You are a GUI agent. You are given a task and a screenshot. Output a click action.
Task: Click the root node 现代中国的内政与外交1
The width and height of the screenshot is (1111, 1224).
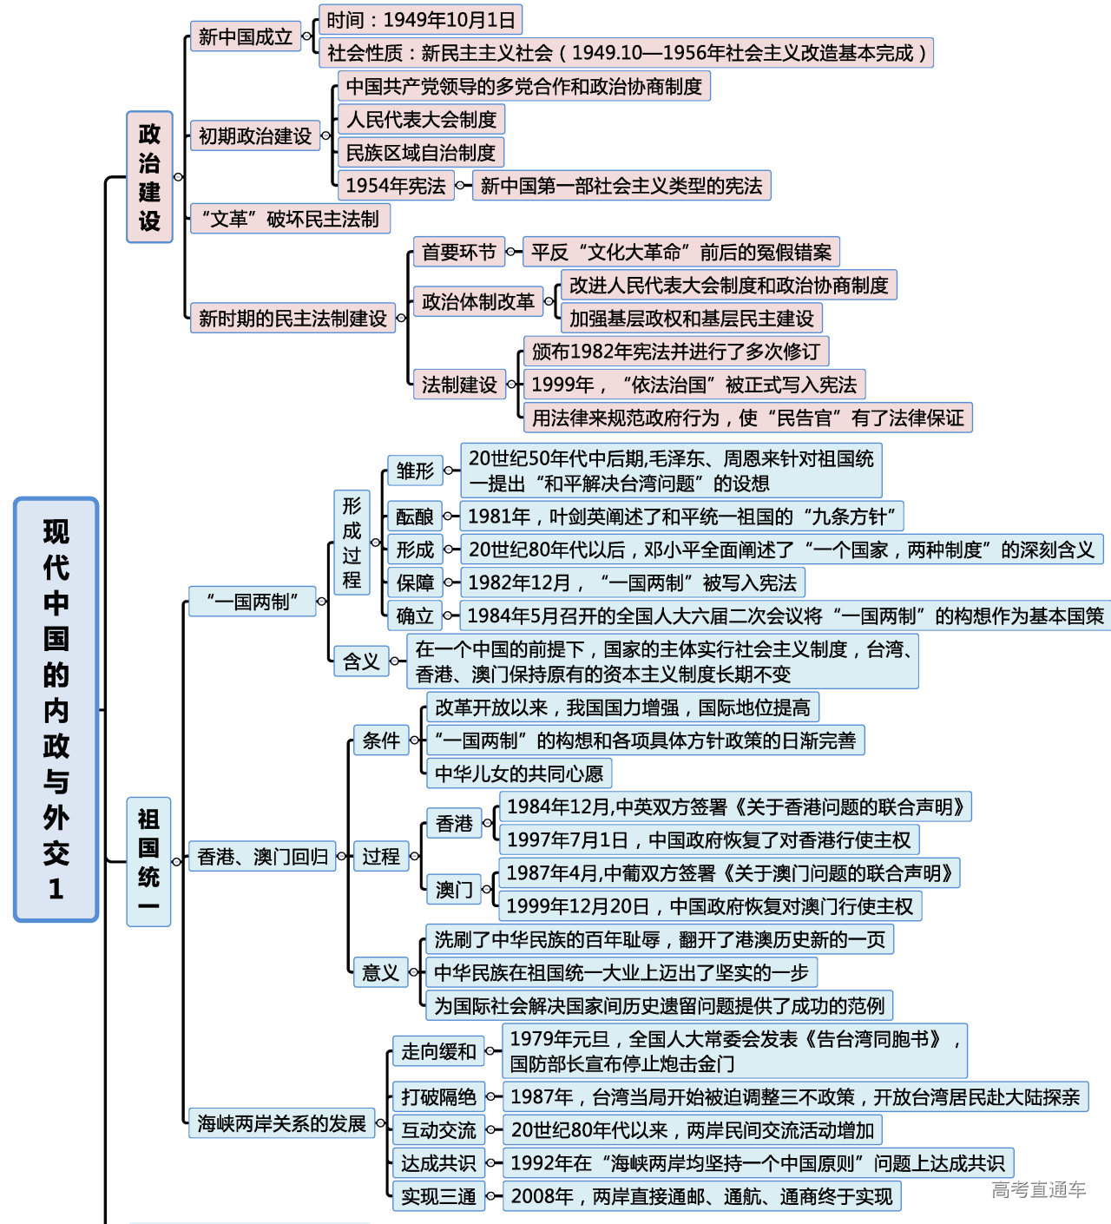click(56, 709)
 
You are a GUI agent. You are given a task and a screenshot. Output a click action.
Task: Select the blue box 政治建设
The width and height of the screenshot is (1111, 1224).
click(149, 177)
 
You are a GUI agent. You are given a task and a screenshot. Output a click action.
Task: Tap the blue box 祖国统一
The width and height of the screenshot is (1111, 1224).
click(148, 861)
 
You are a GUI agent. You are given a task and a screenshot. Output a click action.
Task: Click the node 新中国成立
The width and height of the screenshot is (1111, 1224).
click(245, 36)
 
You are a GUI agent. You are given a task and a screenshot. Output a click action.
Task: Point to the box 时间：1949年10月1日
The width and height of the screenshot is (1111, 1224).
click(421, 20)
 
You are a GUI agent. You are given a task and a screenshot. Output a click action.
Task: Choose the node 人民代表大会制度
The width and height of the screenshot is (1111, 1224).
click(421, 120)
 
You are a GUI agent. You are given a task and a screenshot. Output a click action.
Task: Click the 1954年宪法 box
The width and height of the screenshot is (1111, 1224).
click(395, 186)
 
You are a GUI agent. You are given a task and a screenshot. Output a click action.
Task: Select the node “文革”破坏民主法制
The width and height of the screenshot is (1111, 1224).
click(290, 219)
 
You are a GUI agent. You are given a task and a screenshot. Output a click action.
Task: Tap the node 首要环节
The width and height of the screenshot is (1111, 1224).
click(458, 253)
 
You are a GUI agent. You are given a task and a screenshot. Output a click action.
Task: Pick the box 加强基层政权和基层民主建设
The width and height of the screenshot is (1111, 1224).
click(691, 319)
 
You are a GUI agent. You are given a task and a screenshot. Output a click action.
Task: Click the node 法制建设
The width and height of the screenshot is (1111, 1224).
click(458, 385)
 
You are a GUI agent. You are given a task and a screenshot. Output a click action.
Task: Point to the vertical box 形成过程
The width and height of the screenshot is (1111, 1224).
click(352, 543)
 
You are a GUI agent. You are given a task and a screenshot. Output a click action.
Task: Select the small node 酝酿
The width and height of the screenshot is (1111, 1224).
click(414, 517)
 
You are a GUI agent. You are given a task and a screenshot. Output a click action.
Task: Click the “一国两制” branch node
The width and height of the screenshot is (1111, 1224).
click(252, 601)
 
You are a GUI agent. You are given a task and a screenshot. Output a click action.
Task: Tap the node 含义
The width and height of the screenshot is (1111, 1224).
click(360, 661)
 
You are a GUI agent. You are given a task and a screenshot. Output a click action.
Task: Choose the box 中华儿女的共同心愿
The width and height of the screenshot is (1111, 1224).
click(518, 773)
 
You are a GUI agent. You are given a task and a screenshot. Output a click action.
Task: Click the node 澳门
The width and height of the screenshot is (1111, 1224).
click(453, 890)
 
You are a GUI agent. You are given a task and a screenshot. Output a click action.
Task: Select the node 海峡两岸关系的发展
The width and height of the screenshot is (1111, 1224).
click(281, 1123)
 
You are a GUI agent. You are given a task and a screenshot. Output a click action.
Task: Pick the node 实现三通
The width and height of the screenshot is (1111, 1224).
click(438, 1197)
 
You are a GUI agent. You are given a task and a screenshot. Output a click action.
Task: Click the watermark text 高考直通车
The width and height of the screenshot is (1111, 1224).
click(1038, 1190)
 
